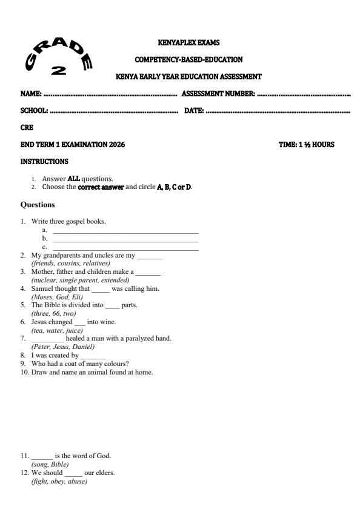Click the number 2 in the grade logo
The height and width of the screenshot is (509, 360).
(59, 70)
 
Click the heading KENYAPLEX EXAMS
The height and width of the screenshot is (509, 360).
(188, 43)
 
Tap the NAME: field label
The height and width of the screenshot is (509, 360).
(31, 94)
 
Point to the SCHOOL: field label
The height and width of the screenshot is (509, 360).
(35, 111)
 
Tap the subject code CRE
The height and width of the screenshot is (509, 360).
(27, 128)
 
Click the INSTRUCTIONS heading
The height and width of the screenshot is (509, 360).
(44, 162)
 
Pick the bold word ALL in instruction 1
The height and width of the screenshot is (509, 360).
(74, 179)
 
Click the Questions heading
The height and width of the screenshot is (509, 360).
(38, 205)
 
